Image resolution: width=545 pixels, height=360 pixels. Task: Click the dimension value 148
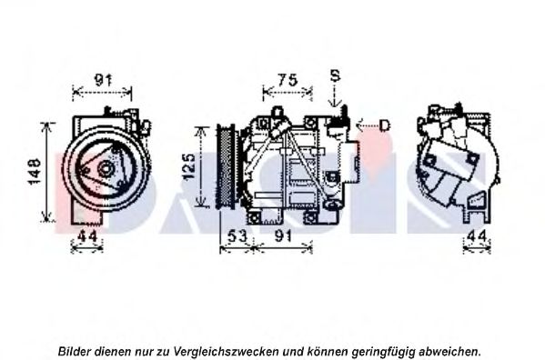tap(35, 172)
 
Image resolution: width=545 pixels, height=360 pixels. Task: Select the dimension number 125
tap(189, 167)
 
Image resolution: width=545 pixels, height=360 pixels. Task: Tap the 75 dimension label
tap(288, 80)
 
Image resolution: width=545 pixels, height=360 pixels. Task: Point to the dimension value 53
tap(237, 236)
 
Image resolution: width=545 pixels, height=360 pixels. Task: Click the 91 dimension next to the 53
tap(283, 236)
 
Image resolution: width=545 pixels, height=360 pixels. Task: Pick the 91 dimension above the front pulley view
tap(103, 80)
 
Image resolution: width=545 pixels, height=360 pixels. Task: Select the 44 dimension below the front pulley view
tap(87, 236)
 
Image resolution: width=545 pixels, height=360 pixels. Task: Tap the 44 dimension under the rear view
tap(477, 236)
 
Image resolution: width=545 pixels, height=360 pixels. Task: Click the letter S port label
tap(335, 75)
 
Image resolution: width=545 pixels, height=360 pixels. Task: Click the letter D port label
tap(385, 125)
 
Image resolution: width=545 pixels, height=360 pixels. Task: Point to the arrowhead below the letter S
tap(334, 103)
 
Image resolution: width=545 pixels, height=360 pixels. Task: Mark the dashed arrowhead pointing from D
tap(360, 125)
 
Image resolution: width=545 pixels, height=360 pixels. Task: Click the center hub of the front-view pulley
tap(106, 169)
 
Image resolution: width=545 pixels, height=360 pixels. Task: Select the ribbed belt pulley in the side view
tap(226, 166)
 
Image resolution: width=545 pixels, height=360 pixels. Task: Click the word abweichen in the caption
tap(449, 351)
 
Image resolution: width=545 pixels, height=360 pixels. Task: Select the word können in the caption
tap(328, 351)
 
